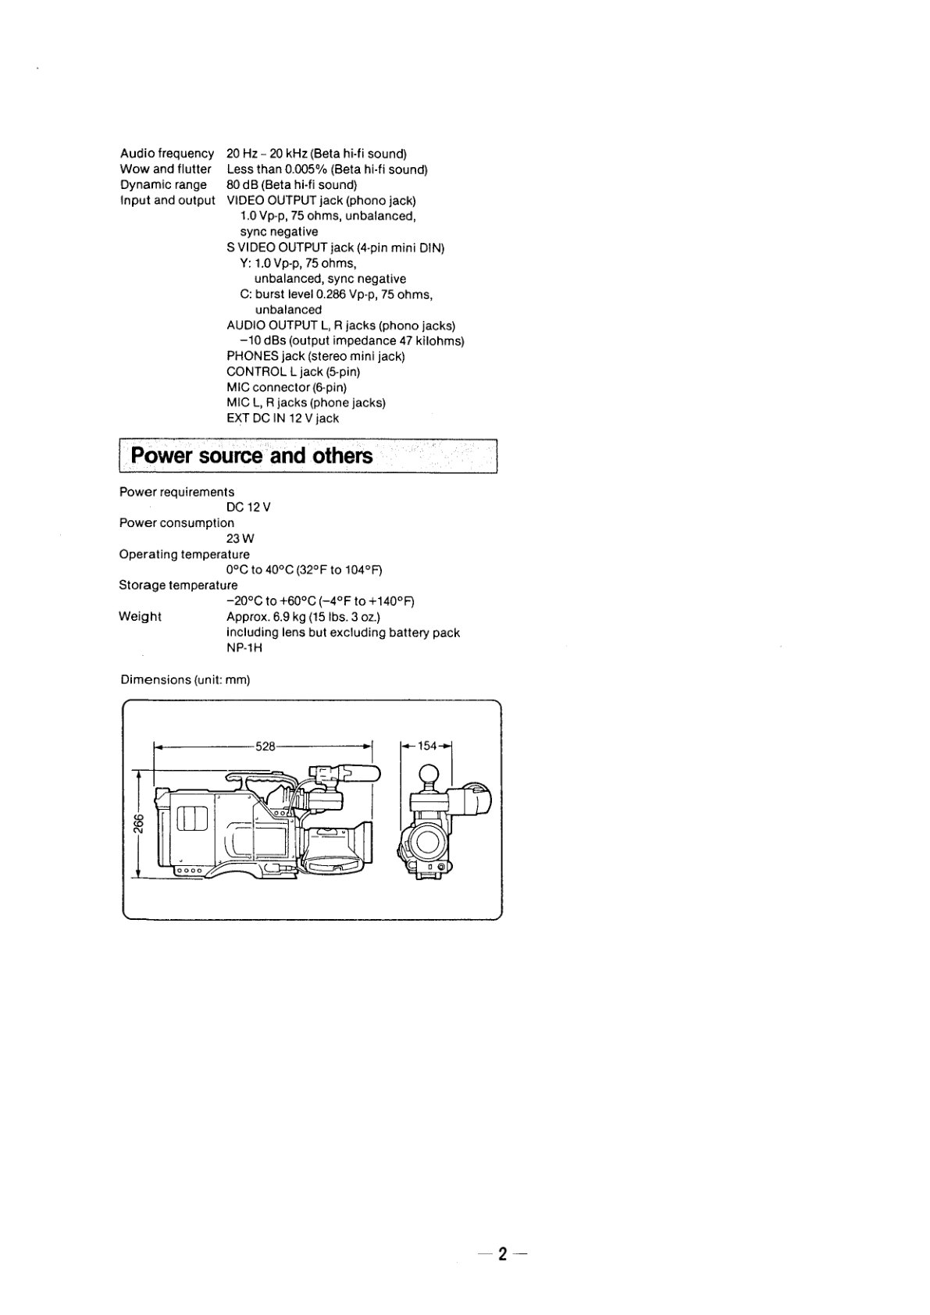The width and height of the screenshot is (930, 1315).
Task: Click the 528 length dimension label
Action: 265,747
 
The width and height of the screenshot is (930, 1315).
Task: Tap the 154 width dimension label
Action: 427,746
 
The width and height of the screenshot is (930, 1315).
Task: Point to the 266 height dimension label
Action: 137,824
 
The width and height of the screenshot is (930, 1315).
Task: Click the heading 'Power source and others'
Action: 251,455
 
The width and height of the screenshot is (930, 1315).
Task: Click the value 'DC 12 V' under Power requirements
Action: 248,508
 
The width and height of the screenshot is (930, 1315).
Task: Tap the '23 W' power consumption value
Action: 241,538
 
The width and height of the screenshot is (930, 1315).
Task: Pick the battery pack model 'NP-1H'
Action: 244,647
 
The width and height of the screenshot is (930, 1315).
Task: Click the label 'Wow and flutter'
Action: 166,169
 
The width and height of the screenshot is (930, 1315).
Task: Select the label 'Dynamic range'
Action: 163,185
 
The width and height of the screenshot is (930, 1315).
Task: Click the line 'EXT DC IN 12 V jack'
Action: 283,418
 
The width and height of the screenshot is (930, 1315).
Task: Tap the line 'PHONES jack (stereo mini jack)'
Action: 316,356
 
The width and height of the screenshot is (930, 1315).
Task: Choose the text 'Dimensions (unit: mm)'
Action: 186,680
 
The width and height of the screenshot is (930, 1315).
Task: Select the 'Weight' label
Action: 140,616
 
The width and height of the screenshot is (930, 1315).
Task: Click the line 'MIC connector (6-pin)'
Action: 287,387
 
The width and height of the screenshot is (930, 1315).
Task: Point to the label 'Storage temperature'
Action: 179,586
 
